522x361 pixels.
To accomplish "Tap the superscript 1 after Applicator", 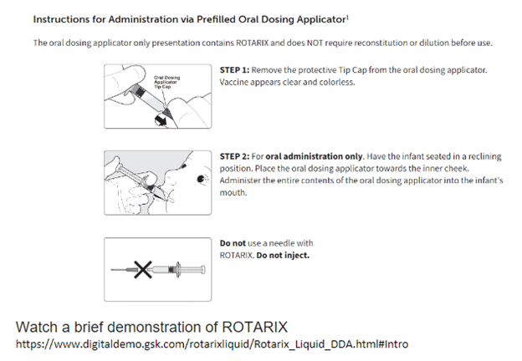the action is point(347,17).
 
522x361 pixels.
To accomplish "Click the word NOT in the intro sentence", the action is point(315,43).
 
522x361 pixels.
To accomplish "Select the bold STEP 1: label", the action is point(234,70).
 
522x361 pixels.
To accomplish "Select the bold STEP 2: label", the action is point(234,156).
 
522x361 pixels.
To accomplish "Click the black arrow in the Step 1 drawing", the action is point(161,120).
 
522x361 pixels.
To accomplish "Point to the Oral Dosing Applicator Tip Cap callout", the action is point(166,82).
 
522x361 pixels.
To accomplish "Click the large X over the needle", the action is point(143,269).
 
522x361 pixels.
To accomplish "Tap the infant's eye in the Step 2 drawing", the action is point(201,180).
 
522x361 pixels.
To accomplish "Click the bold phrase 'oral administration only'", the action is point(315,156).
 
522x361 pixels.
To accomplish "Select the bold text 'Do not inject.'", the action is point(283,256).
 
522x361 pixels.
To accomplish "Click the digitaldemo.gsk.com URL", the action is point(212,343).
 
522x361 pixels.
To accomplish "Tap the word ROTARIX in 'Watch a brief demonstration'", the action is point(254,327).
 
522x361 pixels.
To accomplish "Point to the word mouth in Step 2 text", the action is point(233,193).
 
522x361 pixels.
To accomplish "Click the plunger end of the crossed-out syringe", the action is point(202,270).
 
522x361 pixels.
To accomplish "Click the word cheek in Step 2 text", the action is point(457,169).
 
